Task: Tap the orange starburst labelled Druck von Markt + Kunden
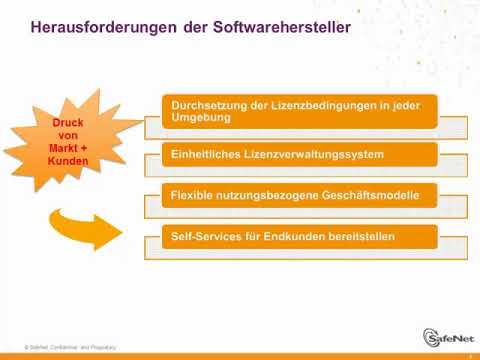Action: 67,141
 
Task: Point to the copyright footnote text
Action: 70,346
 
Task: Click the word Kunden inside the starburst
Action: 68,160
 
